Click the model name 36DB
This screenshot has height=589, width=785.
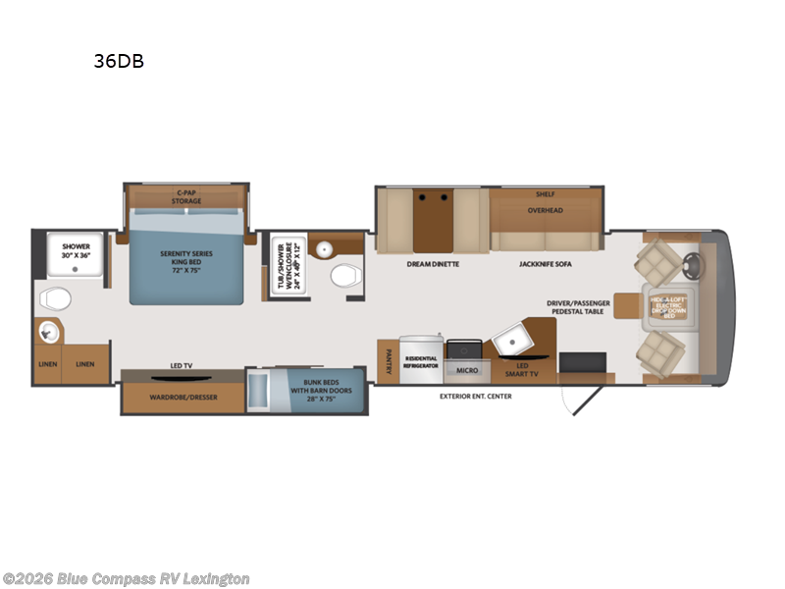[x=119, y=61]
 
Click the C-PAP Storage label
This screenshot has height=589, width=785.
[x=186, y=196]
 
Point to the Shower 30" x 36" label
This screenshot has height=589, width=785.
[x=76, y=251]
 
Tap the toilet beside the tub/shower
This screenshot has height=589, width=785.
[x=344, y=276]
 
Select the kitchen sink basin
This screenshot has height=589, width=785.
[x=511, y=340]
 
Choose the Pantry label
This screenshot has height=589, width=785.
[x=388, y=362]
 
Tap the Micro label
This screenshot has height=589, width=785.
[x=464, y=371]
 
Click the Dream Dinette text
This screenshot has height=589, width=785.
[x=433, y=264]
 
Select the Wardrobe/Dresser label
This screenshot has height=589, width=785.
[x=183, y=397]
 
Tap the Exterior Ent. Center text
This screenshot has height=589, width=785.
[x=475, y=397]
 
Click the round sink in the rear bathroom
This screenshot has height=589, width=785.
[x=45, y=334]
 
